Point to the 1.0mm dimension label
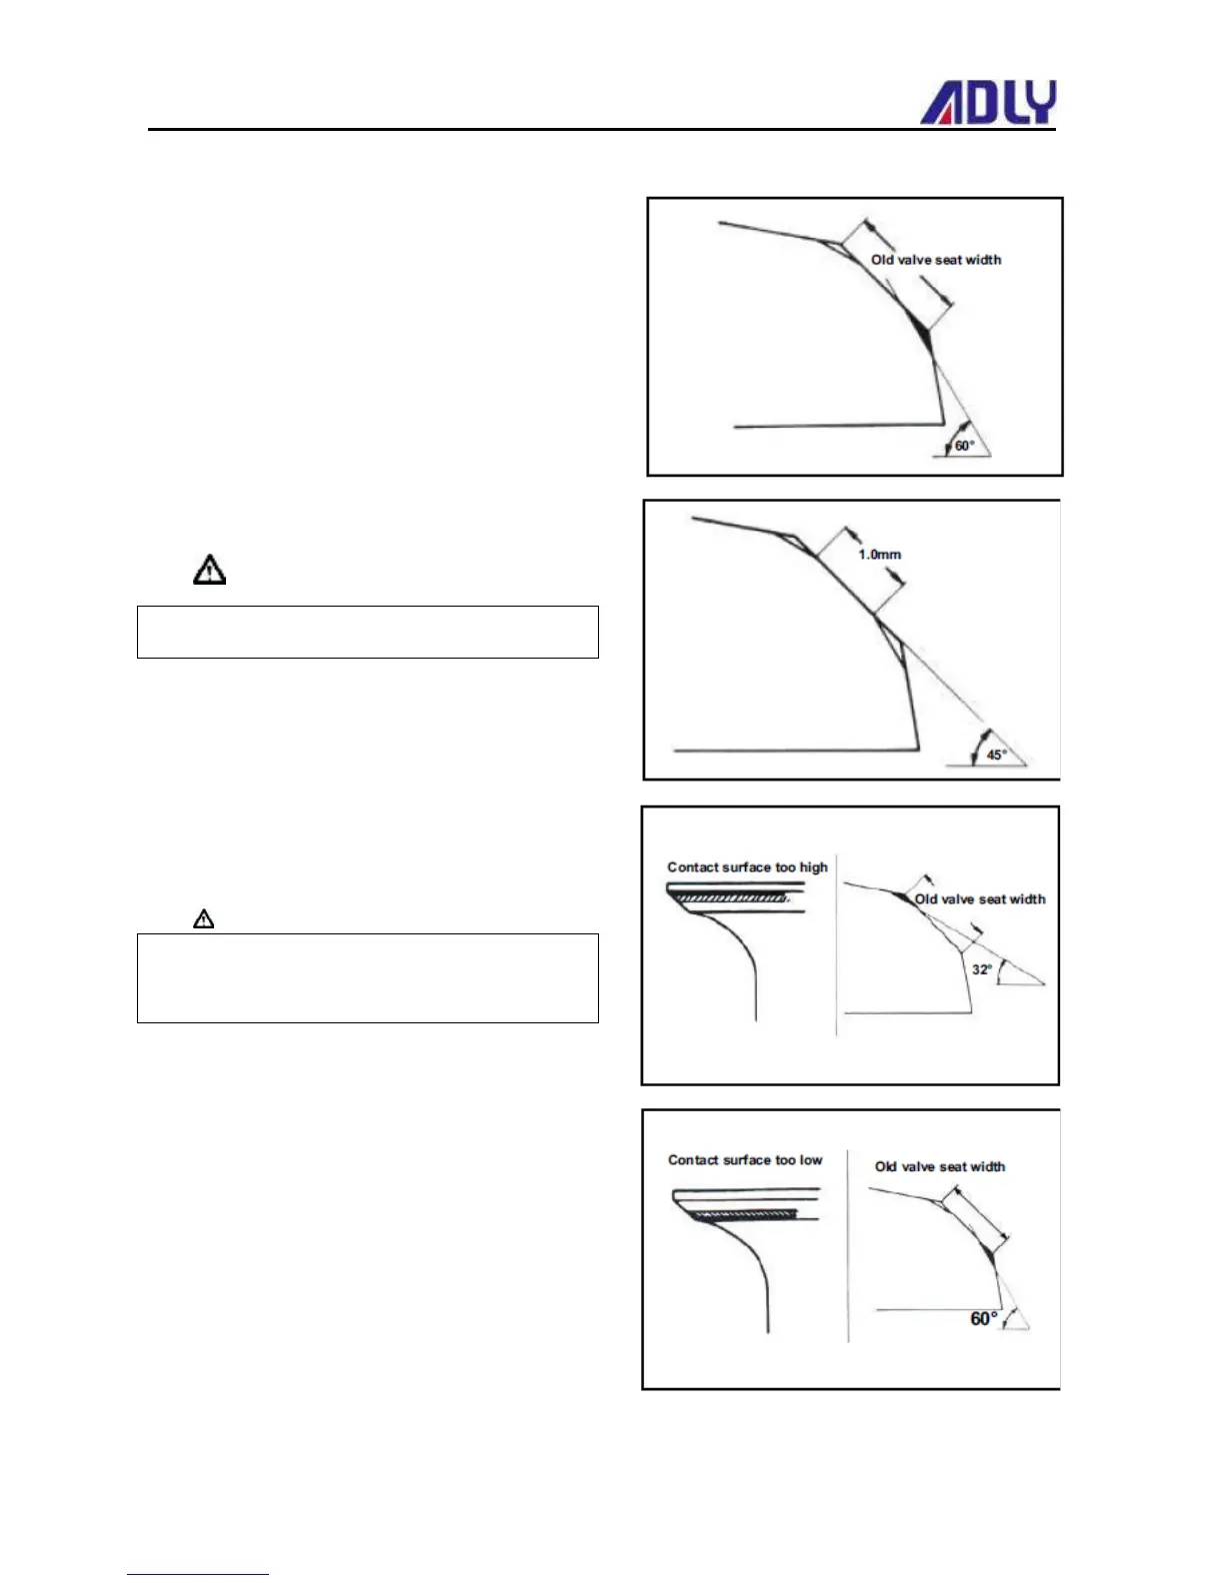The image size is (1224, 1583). tap(879, 555)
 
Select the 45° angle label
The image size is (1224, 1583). tap(997, 755)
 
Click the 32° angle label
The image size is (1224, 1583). tap(982, 969)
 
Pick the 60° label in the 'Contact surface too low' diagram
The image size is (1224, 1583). tap(984, 1319)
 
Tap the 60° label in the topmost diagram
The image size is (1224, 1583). tap(964, 446)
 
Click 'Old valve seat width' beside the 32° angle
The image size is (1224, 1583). tap(980, 899)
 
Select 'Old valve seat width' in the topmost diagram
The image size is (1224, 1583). tap(936, 260)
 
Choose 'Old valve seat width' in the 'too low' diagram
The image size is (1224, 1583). tap(940, 1166)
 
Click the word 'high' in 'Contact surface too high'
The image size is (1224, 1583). tap(813, 867)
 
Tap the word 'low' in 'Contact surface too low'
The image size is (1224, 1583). tap(811, 1160)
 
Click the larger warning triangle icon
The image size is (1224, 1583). tap(209, 570)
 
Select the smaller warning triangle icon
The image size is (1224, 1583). tap(203, 918)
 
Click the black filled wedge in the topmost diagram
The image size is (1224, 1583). tap(922, 330)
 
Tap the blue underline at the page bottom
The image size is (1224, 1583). tap(198, 1574)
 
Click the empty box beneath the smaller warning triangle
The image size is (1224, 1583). tap(367, 977)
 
